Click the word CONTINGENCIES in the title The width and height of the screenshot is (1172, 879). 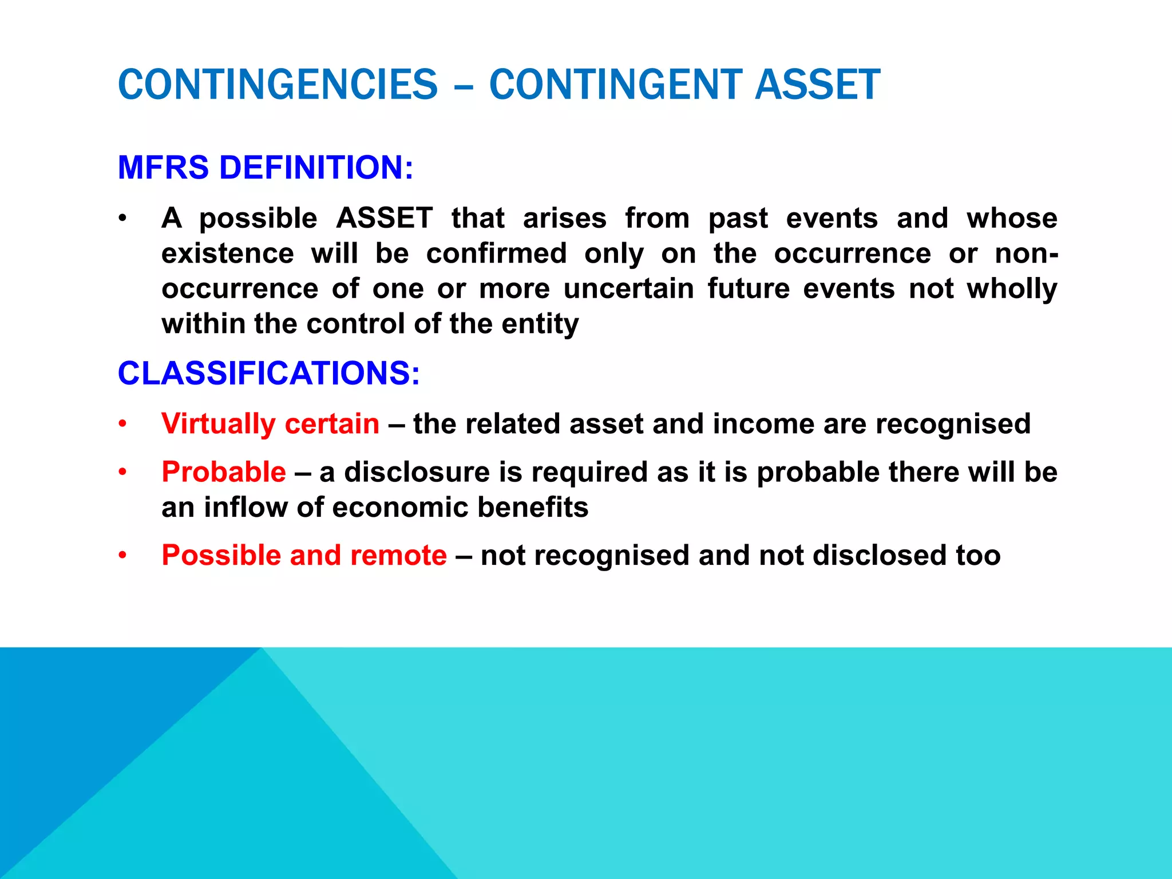click(x=278, y=85)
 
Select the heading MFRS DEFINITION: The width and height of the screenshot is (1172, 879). click(x=265, y=168)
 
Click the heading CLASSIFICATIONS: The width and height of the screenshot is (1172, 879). click(x=268, y=373)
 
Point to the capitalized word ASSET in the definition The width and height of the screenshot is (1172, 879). click(x=384, y=218)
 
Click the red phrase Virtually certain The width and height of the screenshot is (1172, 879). click(x=270, y=424)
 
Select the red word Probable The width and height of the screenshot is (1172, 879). click(x=223, y=472)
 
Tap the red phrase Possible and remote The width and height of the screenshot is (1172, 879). click(x=304, y=555)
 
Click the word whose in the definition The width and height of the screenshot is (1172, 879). click(x=1012, y=218)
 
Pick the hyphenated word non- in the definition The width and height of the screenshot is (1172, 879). click(x=1026, y=254)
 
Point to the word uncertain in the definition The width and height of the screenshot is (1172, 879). click(x=628, y=288)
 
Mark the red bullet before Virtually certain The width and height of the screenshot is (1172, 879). click(x=122, y=425)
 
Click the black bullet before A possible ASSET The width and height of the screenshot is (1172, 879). click(x=122, y=219)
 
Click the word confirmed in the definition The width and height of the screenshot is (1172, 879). click(x=496, y=254)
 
